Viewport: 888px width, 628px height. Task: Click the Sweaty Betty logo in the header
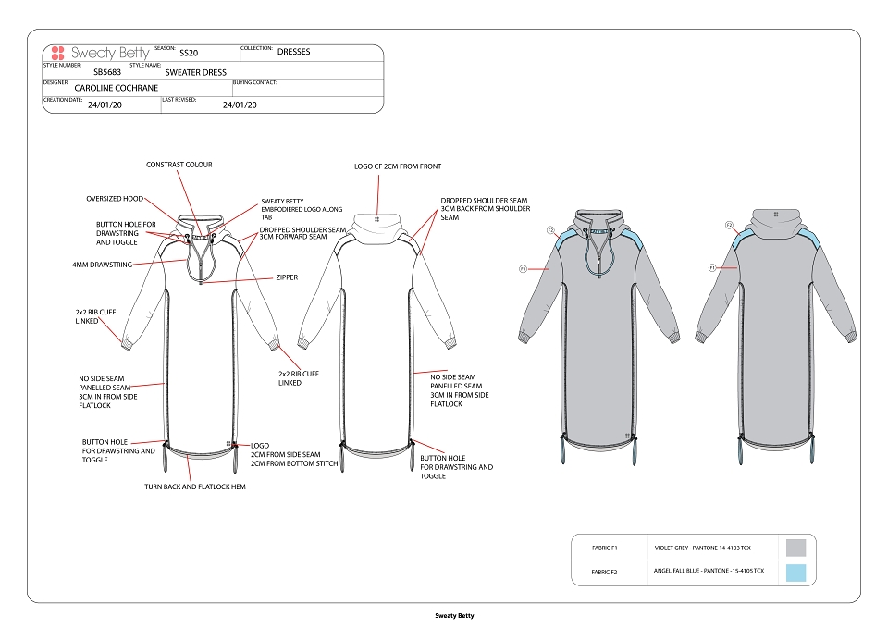100,54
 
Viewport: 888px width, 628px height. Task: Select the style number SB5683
107,72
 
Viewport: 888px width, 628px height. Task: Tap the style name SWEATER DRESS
196,72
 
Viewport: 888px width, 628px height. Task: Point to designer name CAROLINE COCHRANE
117,88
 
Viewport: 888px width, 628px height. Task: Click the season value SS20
189,53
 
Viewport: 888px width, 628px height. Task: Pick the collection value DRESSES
294,52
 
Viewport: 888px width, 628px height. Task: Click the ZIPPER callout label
287,277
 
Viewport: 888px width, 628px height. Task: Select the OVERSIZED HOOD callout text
115,199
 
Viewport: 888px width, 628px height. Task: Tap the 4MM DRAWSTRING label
102,265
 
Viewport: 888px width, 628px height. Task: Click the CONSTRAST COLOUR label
179,165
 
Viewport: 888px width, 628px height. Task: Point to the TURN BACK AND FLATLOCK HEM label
195,486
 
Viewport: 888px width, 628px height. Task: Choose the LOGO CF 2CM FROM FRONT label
398,166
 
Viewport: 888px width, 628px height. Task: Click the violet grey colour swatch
795,548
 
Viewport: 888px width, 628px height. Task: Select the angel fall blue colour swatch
795,573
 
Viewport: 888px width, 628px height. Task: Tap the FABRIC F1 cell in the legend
604,548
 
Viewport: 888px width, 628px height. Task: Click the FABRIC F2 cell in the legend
604,572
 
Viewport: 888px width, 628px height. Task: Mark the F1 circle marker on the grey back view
712,267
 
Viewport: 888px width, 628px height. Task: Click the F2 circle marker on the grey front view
550,230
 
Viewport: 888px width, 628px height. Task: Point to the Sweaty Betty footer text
454,616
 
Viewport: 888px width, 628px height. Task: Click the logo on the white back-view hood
377,219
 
